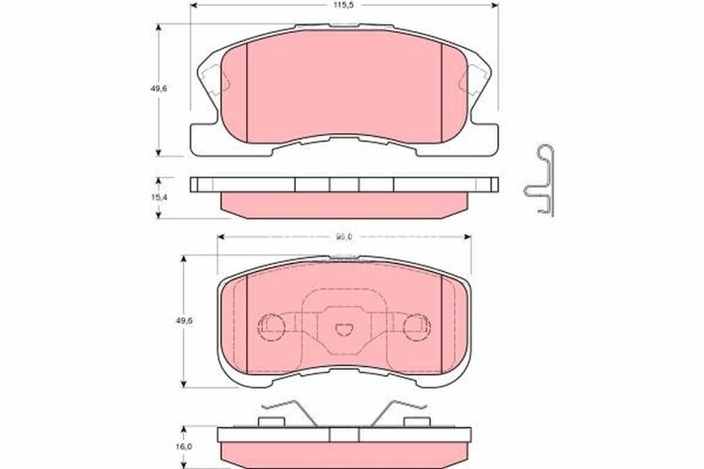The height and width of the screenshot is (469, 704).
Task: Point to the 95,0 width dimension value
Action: point(342,236)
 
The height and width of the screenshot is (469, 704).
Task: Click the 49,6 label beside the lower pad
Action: point(185,321)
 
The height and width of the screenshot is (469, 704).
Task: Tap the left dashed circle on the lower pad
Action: point(270,325)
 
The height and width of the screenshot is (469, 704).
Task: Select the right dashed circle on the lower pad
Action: point(413,325)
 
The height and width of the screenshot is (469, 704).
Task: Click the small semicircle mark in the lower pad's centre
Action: point(342,328)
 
